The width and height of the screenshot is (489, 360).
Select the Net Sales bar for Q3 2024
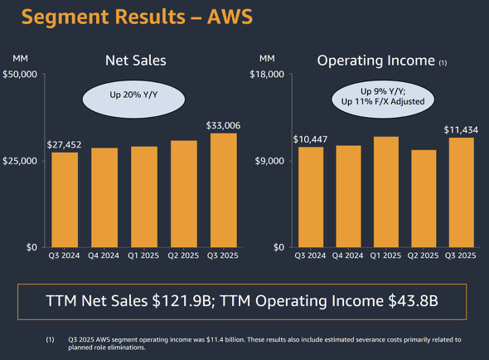point(65,199)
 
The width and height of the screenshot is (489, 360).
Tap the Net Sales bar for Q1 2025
point(144,197)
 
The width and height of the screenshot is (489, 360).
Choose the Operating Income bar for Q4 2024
point(348,196)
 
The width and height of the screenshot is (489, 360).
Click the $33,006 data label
point(223,125)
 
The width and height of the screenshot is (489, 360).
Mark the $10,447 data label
point(311,138)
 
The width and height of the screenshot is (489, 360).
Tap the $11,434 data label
point(461,129)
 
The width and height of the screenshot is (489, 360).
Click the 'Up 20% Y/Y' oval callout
point(135,96)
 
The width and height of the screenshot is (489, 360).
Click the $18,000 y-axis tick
point(267,75)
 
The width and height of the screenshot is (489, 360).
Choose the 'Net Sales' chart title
point(135,61)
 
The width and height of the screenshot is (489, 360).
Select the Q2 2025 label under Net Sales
point(184,257)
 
